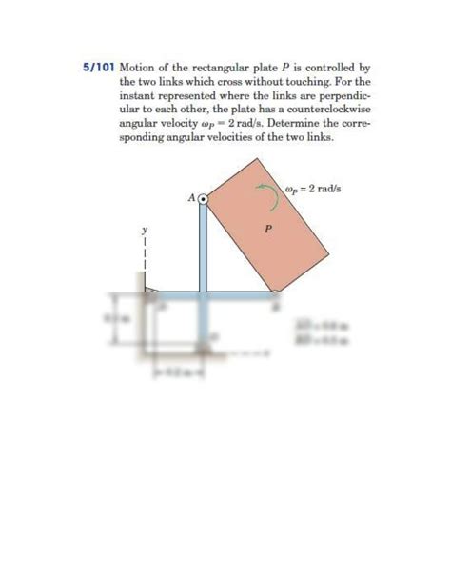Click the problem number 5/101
[x=98, y=69]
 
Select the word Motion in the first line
[x=138, y=69]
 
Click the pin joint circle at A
[x=202, y=198]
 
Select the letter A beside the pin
[x=191, y=198]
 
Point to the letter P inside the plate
[x=268, y=229]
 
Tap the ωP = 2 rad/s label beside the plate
[x=313, y=188]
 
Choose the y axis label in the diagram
[x=146, y=230]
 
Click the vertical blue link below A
[x=203, y=248]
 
